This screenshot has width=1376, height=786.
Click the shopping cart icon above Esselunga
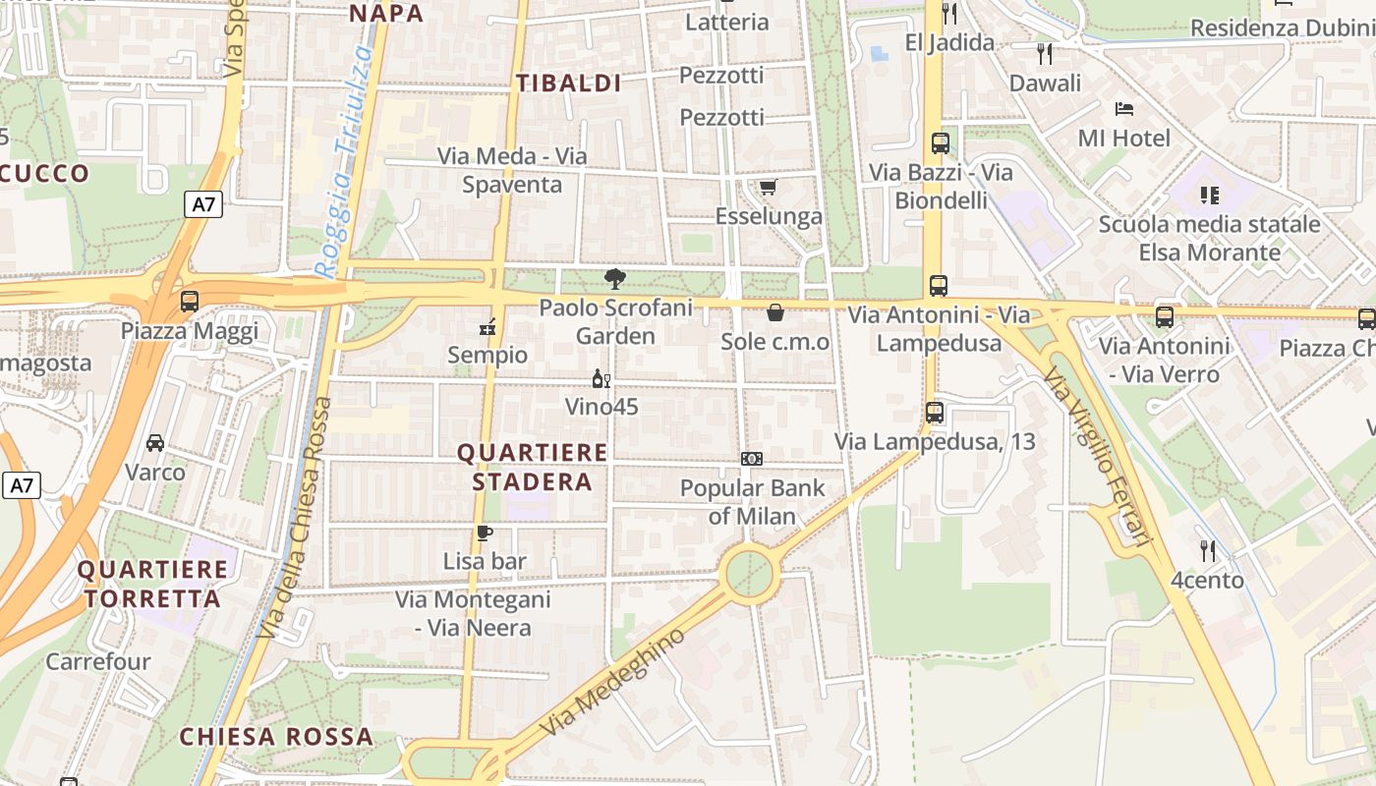click(x=768, y=188)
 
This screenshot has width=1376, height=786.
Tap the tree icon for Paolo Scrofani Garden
click(x=615, y=279)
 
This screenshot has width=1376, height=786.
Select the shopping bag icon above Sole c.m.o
click(x=775, y=313)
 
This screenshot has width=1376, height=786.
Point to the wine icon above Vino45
click(x=602, y=379)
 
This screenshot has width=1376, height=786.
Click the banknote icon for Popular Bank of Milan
click(x=752, y=459)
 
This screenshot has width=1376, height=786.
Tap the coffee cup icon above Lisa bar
click(x=484, y=533)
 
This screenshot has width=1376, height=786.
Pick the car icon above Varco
click(x=155, y=443)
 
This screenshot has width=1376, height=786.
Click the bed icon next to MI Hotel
click(x=1124, y=109)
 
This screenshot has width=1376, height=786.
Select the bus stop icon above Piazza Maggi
click(x=190, y=302)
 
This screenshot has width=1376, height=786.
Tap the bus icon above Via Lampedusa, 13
click(x=935, y=413)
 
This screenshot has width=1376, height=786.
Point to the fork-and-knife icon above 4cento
click(x=1208, y=550)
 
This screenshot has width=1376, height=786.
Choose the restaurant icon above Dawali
click(x=1045, y=54)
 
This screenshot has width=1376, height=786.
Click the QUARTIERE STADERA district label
click(x=533, y=467)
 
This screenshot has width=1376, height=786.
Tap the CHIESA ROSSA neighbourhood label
click(x=276, y=737)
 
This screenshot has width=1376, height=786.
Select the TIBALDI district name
click(x=569, y=84)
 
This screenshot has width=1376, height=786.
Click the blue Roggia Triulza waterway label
click(x=345, y=162)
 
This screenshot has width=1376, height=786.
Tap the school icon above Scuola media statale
click(x=1209, y=196)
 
